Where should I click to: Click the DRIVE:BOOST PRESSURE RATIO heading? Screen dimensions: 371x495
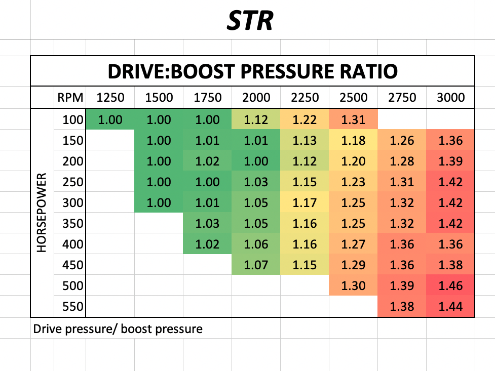tap(252, 71)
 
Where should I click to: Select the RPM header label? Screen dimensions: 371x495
tap(68, 97)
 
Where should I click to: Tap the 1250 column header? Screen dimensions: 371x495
tap(110, 97)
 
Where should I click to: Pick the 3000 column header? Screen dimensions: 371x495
tap(450, 97)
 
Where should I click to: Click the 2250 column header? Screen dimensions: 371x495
tap(304, 97)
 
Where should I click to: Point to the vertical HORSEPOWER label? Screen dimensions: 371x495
tap(43, 213)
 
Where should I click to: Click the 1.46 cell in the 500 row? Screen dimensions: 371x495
tap(450, 285)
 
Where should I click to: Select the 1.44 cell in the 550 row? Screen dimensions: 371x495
tap(450, 306)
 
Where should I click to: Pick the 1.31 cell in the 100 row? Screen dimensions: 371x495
tap(353, 120)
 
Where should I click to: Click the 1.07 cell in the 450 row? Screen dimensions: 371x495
tap(256, 265)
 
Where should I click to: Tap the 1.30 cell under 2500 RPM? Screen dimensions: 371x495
tap(353, 285)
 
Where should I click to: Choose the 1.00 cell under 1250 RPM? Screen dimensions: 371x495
tap(110, 120)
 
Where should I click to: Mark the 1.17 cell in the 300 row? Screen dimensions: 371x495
tap(304, 202)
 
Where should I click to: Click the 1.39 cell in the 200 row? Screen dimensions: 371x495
tap(450, 161)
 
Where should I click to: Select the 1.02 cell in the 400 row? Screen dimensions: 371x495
tap(207, 244)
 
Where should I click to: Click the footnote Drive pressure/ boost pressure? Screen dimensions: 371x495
tap(118, 329)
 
